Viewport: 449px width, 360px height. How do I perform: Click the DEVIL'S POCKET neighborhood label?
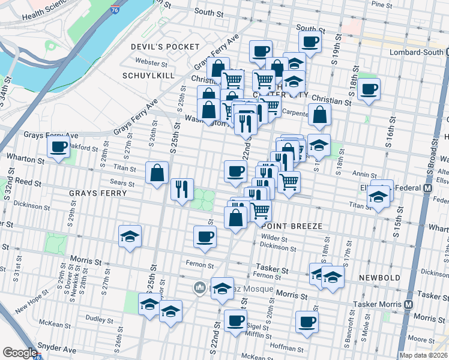pyautogui.click(x=165, y=47)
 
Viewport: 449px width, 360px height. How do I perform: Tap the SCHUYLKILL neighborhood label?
pyautogui.click(x=148, y=76)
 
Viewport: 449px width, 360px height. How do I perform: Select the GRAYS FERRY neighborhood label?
pyautogui.click(x=98, y=193)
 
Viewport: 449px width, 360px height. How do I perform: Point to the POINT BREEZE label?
pyautogui.click(x=292, y=226)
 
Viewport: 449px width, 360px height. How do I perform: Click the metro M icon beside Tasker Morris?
pyautogui.click(x=408, y=304)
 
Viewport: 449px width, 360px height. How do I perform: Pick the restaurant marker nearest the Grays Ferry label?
pyautogui.click(x=181, y=189)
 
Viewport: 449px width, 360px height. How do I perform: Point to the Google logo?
pyautogui.click(x=20, y=353)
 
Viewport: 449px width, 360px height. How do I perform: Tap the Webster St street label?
pyautogui.click(x=151, y=62)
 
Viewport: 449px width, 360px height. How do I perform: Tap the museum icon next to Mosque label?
pyautogui.click(x=199, y=289)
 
